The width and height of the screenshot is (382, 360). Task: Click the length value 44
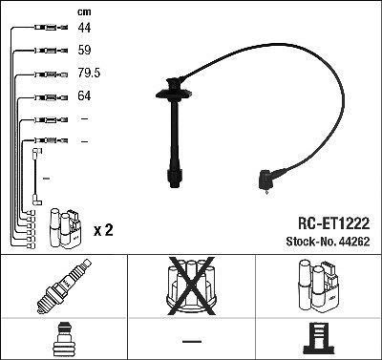pyautogui.click(x=84, y=28)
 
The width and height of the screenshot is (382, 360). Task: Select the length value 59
pyautogui.click(x=84, y=50)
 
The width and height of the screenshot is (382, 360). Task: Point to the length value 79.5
pyautogui.click(x=89, y=73)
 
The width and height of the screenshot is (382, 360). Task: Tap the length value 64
pyautogui.click(x=84, y=95)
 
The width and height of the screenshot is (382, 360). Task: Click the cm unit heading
pyautogui.click(x=84, y=12)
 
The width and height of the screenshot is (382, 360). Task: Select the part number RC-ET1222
pyautogui.click(x=333, y=223)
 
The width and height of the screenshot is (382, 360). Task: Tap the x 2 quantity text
pyautogui.click(x=103, y=230)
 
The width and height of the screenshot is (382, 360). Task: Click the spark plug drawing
pyautogui.click(x=64, y=286)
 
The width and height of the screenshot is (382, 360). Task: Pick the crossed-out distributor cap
pyautogui.click(x=191, y=286)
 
